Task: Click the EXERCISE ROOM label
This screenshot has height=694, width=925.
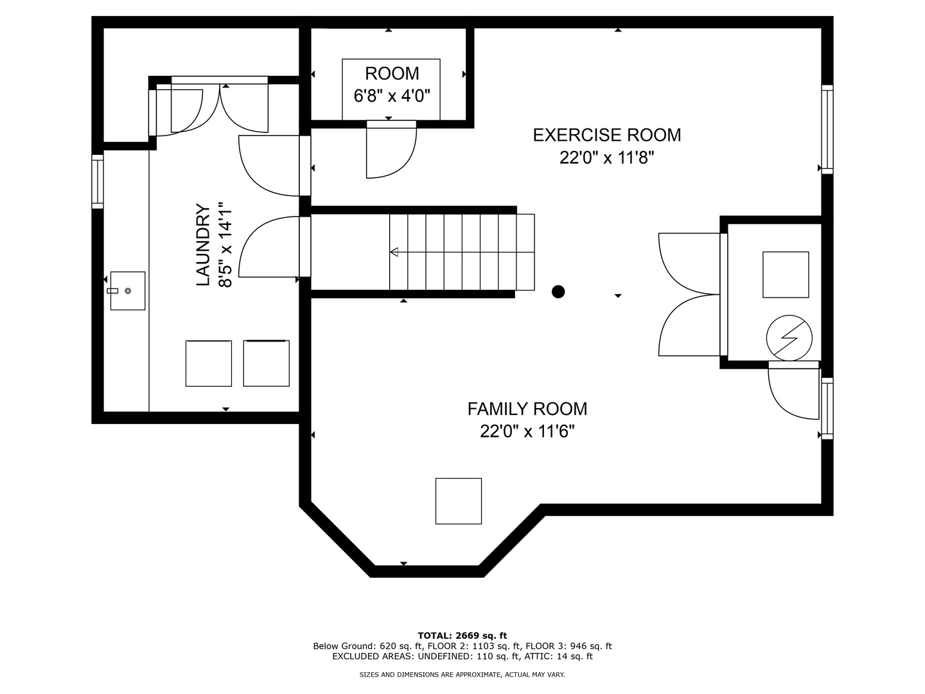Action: point(606,135)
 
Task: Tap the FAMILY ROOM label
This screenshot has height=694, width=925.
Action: point(527,409)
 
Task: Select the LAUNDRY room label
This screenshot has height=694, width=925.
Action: point(203,245)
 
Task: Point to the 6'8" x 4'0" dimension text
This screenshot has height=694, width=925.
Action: point(391,96)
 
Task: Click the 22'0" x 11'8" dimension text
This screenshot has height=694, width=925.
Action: point(606,158)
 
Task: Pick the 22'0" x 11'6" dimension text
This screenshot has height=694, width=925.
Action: point(527,431)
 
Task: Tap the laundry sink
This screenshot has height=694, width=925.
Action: point(128,290)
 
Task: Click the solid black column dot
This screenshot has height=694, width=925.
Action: point(558,292)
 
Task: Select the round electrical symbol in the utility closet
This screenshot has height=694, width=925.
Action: point(789,338)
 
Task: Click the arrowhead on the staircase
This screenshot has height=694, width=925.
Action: point(394,253)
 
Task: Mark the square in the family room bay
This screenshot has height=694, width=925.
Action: point(459,501)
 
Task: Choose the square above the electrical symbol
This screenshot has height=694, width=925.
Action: point(786,275)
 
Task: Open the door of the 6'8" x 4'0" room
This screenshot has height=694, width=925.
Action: point(391,150)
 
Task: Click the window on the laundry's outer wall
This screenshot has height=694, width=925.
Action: point(98,181)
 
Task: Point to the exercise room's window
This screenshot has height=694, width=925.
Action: point(827,129)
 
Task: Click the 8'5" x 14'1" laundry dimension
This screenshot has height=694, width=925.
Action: point(225,245)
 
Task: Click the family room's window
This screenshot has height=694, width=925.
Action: point(827,408)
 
